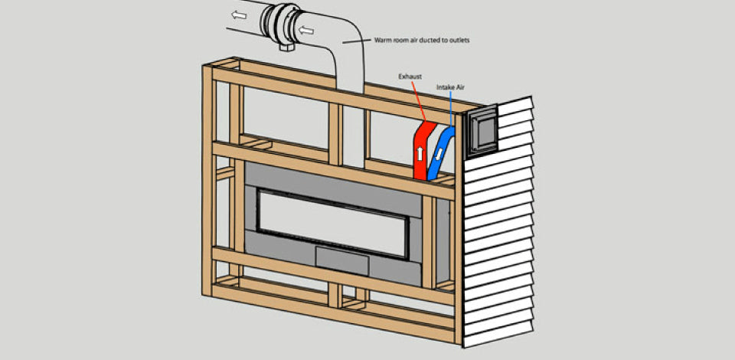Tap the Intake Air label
pos(451,88)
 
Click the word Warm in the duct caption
pos(384,40)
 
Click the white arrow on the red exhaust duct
pos(420,152)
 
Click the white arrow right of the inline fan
pos(307,31)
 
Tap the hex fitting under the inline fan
pos(289,47)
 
